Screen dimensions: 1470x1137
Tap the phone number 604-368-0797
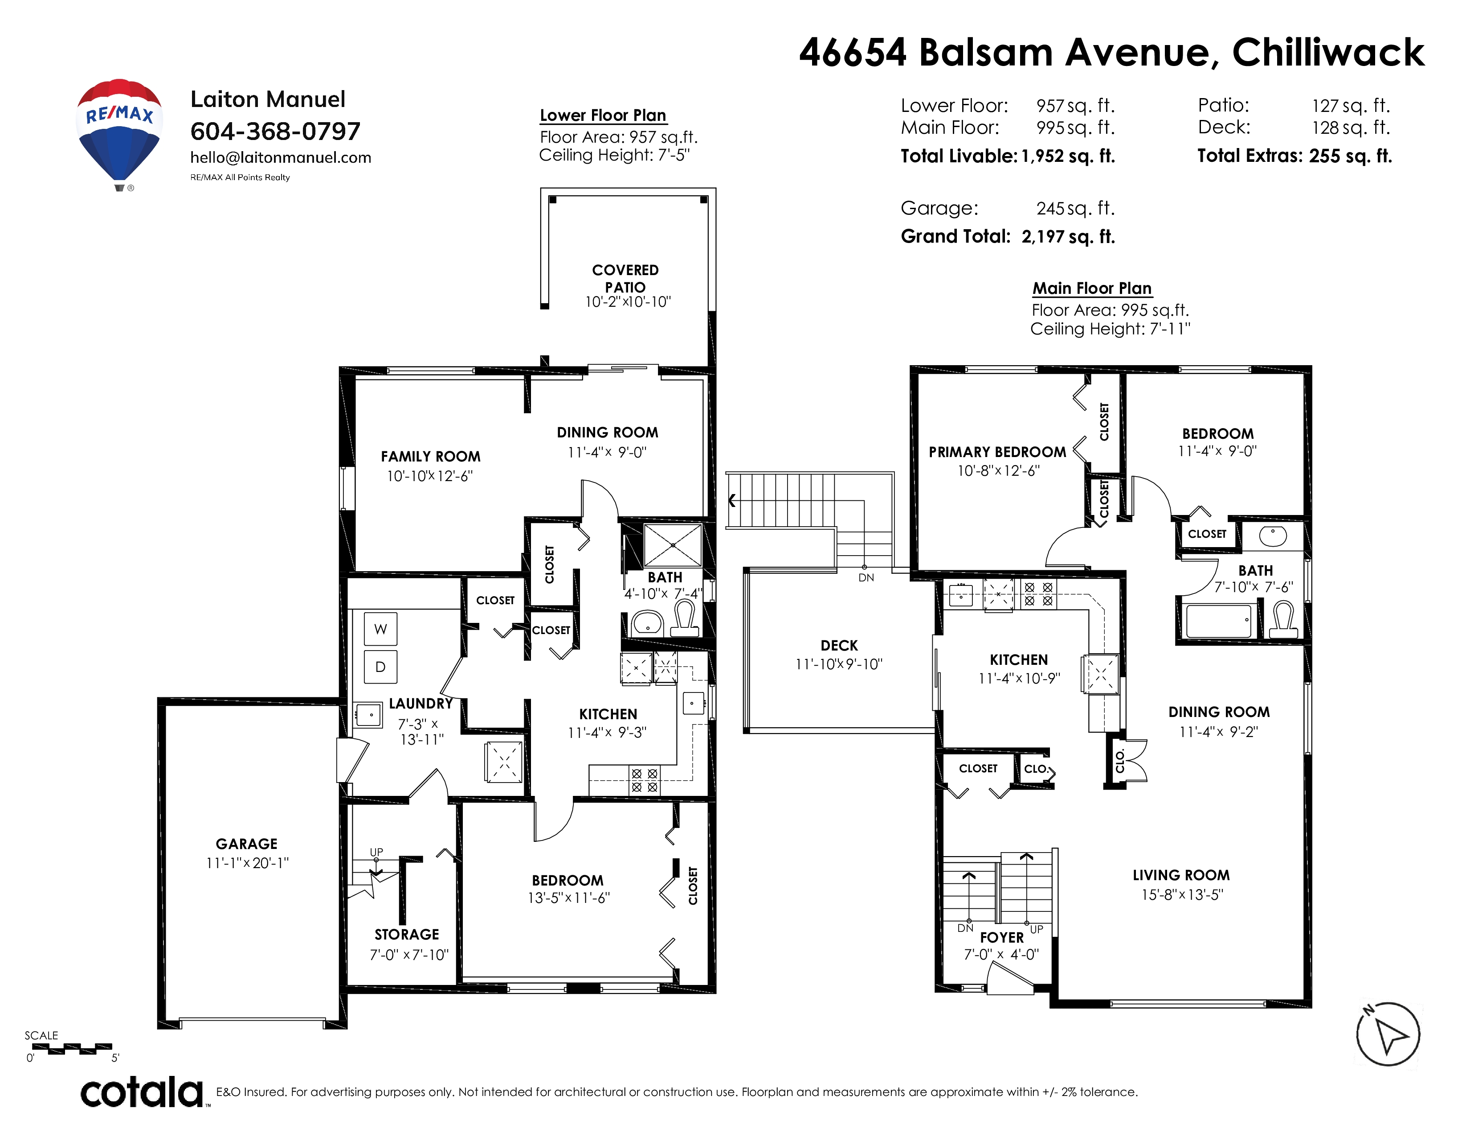tap(275, 132)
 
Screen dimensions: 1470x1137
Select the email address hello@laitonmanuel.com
tap(281, 157)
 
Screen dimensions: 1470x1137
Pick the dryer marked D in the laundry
tap(380, 667)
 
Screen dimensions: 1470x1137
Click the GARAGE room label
tap(246, 844)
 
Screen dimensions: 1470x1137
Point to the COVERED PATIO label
tap(625, 278)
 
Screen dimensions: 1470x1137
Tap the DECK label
tap(839, 645)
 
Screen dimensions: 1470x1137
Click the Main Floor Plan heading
tap(1092, 288)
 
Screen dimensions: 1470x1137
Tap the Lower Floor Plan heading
tap(603, 115)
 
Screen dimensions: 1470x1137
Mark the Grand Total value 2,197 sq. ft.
tap(1068, 236)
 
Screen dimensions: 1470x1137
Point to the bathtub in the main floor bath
tap(1218, 620)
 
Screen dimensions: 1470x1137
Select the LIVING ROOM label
tap(1181, 875)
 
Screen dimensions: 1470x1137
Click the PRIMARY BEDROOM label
tap(997, 452)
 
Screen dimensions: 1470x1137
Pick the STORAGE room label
tap(407, 934)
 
